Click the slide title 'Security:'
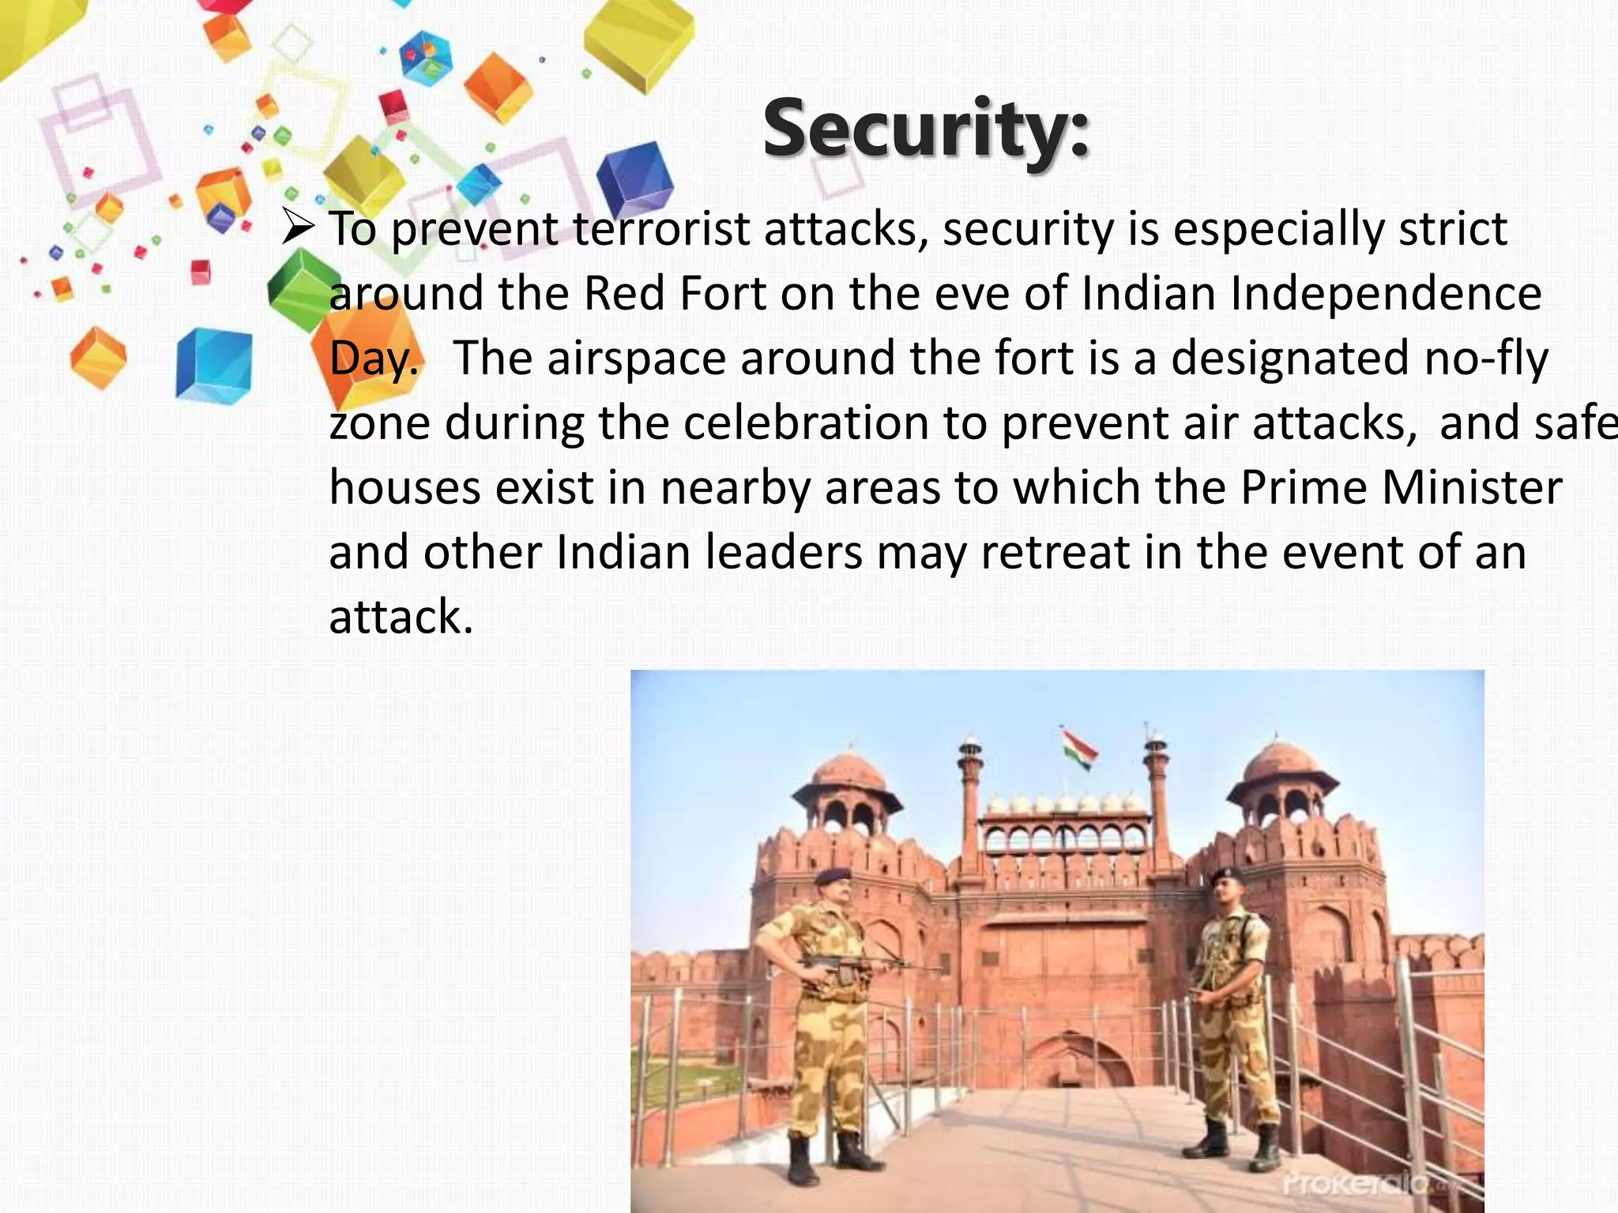[926, 129]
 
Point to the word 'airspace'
[636, 358]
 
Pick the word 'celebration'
[806, 422]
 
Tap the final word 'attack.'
[401, 617]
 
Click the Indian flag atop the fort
[1078, 747]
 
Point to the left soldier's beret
[833, 877]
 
